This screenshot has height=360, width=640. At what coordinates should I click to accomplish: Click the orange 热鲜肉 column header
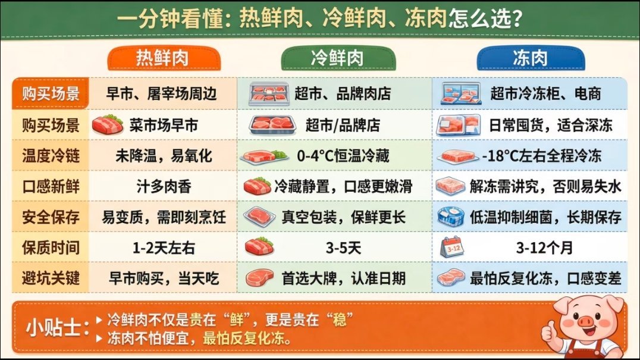(x=163, y=58)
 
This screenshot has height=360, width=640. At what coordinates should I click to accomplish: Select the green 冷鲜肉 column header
(x=338, y=58)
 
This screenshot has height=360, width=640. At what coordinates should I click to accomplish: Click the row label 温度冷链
(x=51, y=156)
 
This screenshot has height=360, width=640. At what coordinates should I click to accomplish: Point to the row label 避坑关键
(x=51, y=277)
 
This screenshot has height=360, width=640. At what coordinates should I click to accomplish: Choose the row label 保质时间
(x=51, y=247)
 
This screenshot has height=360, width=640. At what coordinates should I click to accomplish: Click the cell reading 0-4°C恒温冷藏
(x=343, y=156)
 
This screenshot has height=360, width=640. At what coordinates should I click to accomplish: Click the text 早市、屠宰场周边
(x=162, y=93)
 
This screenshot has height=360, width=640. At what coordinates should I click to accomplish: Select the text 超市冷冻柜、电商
(x=545, y=93)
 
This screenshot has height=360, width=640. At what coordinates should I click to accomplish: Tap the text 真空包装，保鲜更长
(x=343, y=217)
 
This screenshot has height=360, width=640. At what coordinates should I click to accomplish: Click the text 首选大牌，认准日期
(x=343, y=278)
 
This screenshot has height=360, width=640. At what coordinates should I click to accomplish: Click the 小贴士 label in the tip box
(x=56, y=328)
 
